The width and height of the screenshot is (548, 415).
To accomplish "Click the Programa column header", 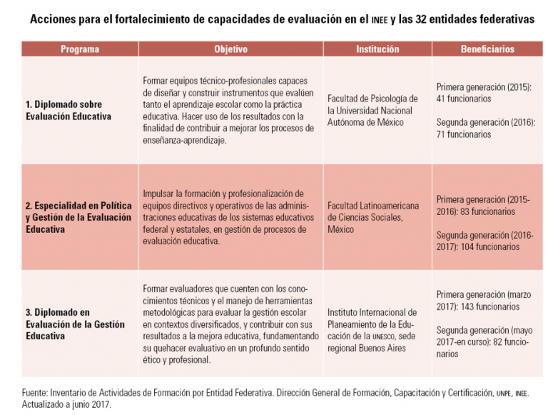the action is [x=80, y=49].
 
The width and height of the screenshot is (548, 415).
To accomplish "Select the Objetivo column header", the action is [x=230, y=49].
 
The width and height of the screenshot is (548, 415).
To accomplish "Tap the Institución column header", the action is [x=377, y=49].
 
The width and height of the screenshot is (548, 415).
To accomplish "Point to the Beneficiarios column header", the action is [x=487, y=49].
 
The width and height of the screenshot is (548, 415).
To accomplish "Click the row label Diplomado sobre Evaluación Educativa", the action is [x=68, y=110].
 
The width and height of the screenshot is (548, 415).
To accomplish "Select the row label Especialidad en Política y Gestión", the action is [x=78, y=217].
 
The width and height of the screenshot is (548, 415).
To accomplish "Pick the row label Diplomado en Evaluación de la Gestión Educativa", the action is [x=75, y=324].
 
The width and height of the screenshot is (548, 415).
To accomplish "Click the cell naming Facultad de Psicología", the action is [x=372, y=110].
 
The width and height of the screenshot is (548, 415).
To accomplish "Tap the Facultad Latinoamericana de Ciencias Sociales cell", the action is [x=373, y=217].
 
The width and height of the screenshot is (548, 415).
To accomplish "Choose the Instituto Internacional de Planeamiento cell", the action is [x=372, y=330].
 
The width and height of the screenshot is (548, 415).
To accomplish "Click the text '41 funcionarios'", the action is [x=463, y=99].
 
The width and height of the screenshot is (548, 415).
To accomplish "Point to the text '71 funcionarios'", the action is [x=463, y=134].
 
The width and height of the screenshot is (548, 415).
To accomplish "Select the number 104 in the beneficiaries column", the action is [x=467, y=246].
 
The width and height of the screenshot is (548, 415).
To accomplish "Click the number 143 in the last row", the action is [x=467, y=306].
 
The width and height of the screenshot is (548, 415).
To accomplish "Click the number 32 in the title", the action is [x=421, y=19].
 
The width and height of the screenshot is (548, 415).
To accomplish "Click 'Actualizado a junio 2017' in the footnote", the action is [x=66, y=404].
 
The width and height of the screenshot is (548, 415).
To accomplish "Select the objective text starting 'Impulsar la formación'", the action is [x=228, y=217].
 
